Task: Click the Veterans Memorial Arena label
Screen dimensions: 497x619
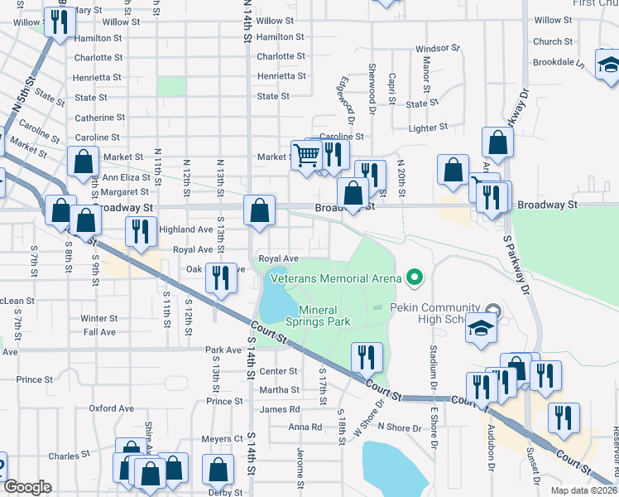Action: tap(334, 278)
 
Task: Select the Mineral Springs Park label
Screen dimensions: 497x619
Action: tap(318, 316)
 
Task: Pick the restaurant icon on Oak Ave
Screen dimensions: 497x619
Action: tap(219, 277)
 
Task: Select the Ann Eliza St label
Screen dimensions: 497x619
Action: tap(124, 177)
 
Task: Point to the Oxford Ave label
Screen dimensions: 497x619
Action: tap(112, 408)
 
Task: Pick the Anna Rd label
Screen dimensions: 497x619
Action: tap(305, 427)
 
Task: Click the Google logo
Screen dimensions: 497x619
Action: tap(27, 487)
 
